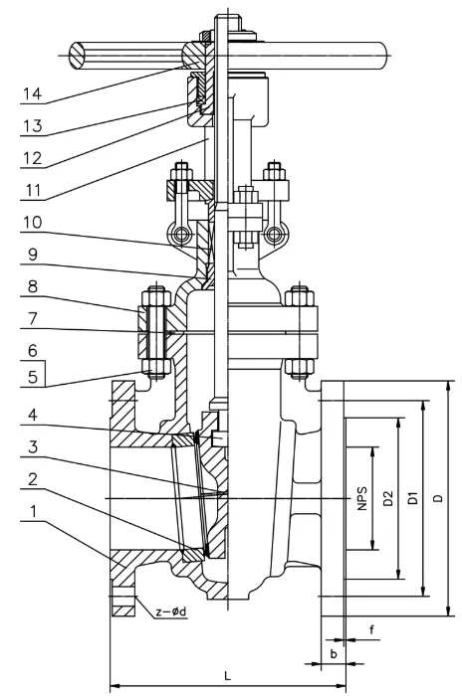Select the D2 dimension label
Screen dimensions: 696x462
click(389, 497)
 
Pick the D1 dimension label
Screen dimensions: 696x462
click(413, 497)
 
